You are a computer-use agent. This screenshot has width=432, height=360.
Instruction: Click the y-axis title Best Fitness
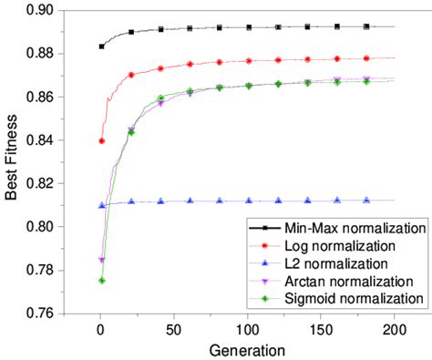[x=13, y=162]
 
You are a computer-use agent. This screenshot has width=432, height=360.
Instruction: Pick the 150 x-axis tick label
[x=320, y=329]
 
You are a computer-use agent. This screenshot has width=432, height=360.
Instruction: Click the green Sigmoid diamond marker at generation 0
[x=101, y=281]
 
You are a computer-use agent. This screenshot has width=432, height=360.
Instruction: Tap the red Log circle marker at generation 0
[x=101, y=141]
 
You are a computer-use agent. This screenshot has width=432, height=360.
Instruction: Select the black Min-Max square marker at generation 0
[x=101, y=46]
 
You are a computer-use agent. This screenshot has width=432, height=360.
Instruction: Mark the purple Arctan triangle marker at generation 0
[x=101, y=261]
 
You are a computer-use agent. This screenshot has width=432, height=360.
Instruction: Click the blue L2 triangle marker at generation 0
[x=101, y=205]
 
